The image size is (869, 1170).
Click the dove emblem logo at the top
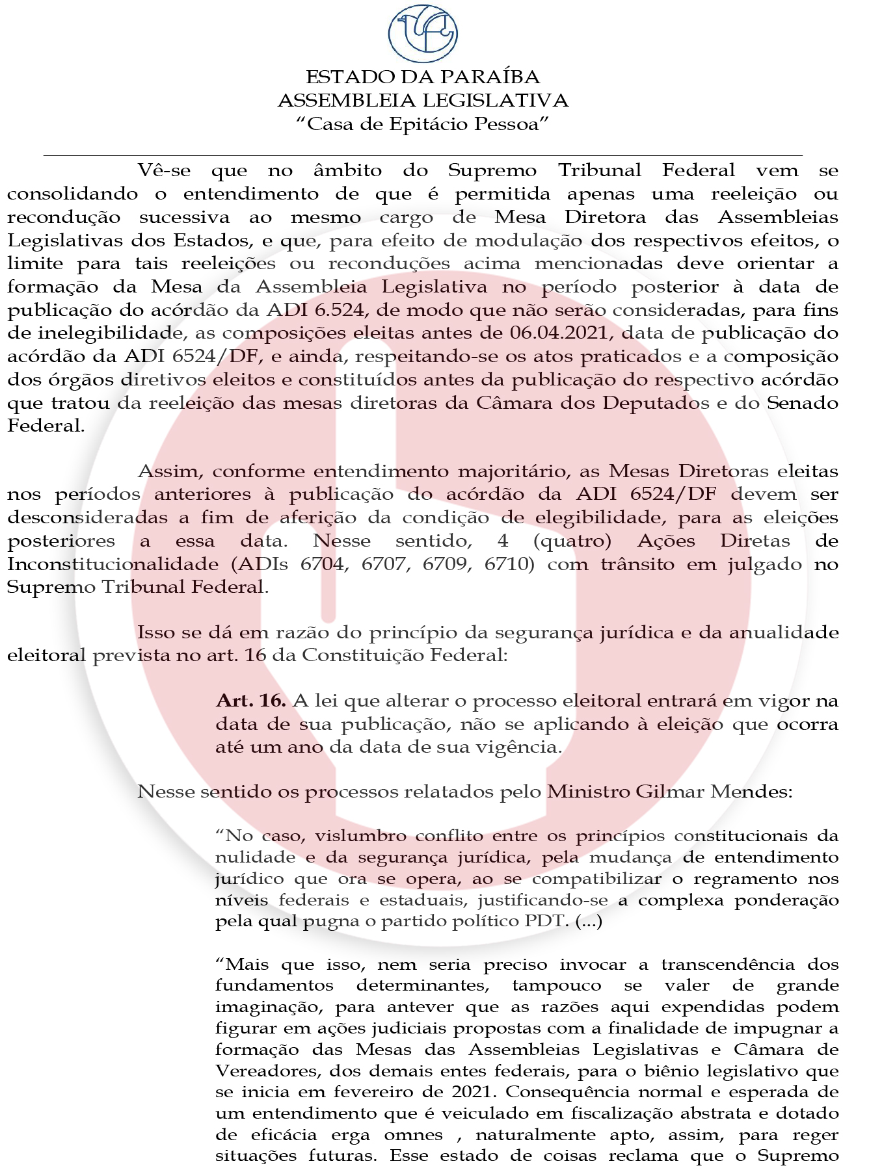423,32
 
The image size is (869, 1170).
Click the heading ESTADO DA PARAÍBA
423,77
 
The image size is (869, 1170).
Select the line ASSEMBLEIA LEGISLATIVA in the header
423,101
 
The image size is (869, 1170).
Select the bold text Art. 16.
251,701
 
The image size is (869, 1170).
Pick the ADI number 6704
324,564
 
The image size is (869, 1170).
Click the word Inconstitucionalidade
113,564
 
